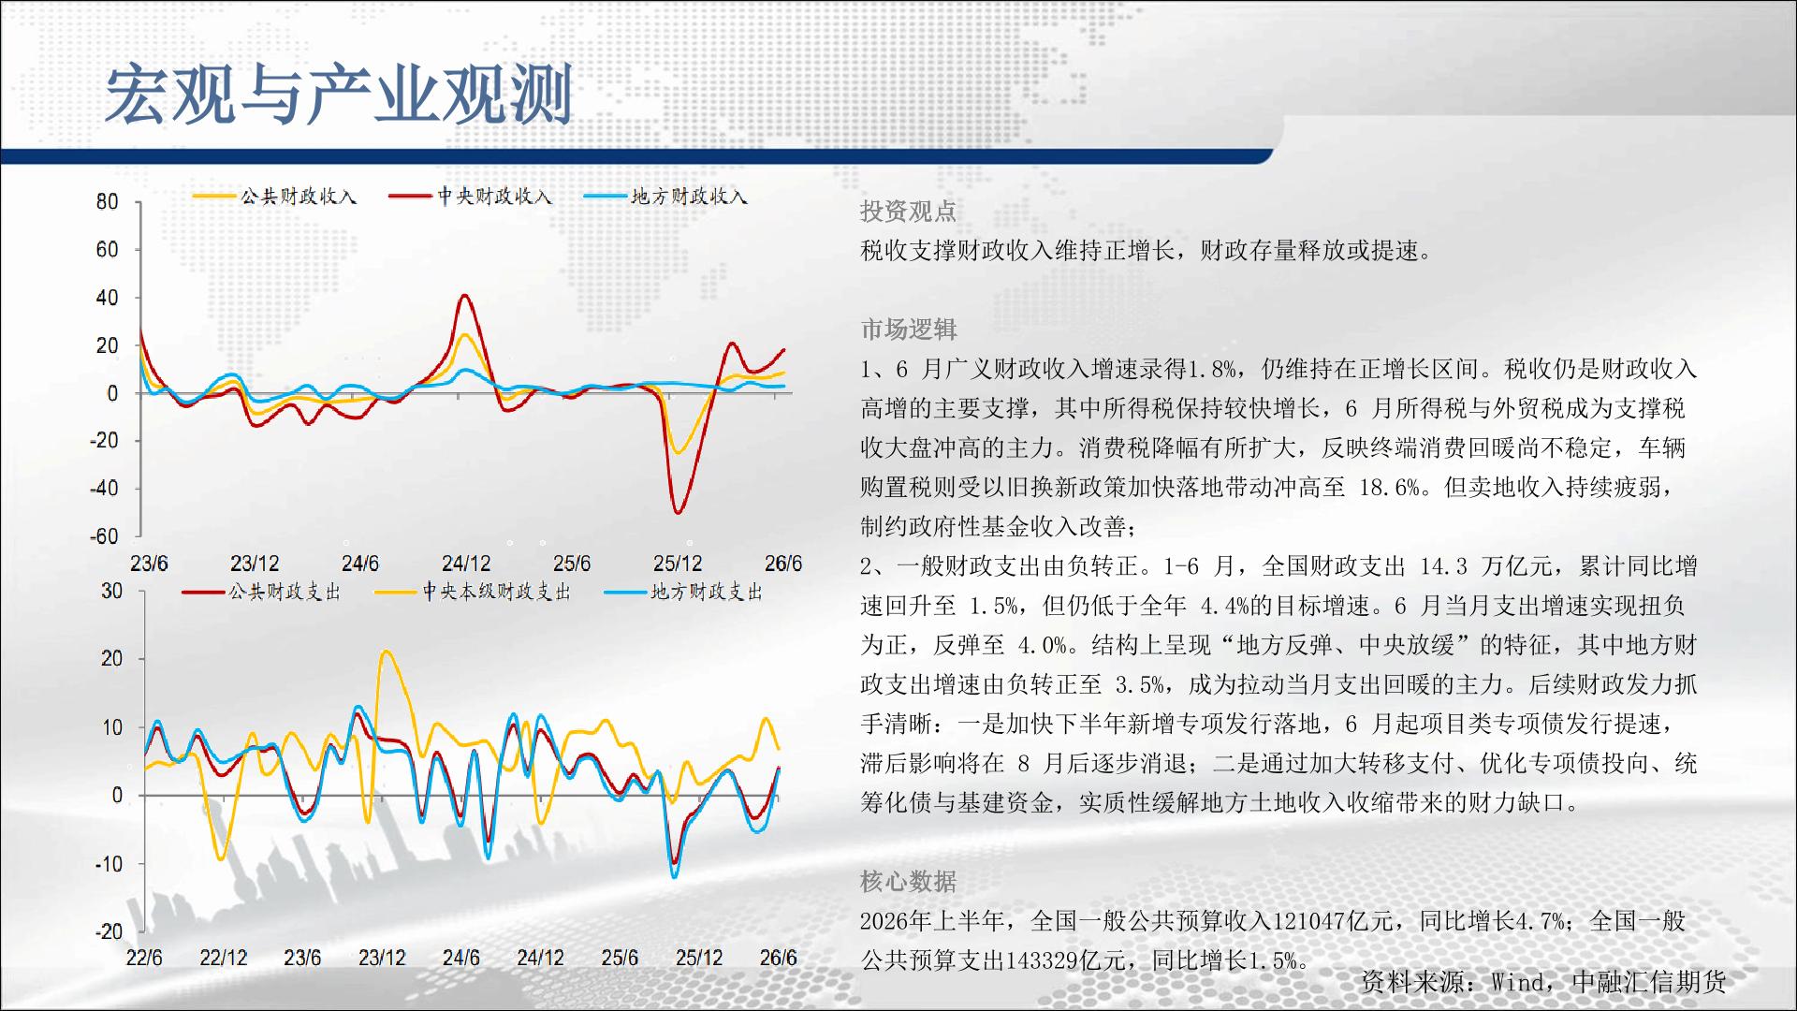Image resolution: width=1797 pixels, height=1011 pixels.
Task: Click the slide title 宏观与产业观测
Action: pyautogui.click(x=338, y=95)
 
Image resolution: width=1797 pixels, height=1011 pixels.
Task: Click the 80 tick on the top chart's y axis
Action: pyautogui.click(x=108, y=201)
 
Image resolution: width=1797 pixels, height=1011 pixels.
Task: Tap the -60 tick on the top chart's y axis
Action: pyautogui.click(x=104, y=536)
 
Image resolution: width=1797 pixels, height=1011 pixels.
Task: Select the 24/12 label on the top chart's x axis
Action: pyautogui.click(x=466, y=564)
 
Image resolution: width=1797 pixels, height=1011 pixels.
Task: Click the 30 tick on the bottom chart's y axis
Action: pyautogui.click(x=111, y=591)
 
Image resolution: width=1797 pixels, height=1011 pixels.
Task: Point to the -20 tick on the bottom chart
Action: pyautogui.click(x=109, y=931)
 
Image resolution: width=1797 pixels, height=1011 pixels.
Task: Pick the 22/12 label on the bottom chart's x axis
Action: pyautogui.click(x=224, y=958)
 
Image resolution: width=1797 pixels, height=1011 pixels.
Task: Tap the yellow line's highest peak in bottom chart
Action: pyautogui.click(x=387, y=652)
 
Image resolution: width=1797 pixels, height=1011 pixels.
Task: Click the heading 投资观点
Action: pyautogui.click(x=908, y=212)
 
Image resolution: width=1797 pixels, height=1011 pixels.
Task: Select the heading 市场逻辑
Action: pyautogui.click(x=908, y=330)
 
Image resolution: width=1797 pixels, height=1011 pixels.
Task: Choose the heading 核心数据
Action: pyautogui.click(x=908, y=882)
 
